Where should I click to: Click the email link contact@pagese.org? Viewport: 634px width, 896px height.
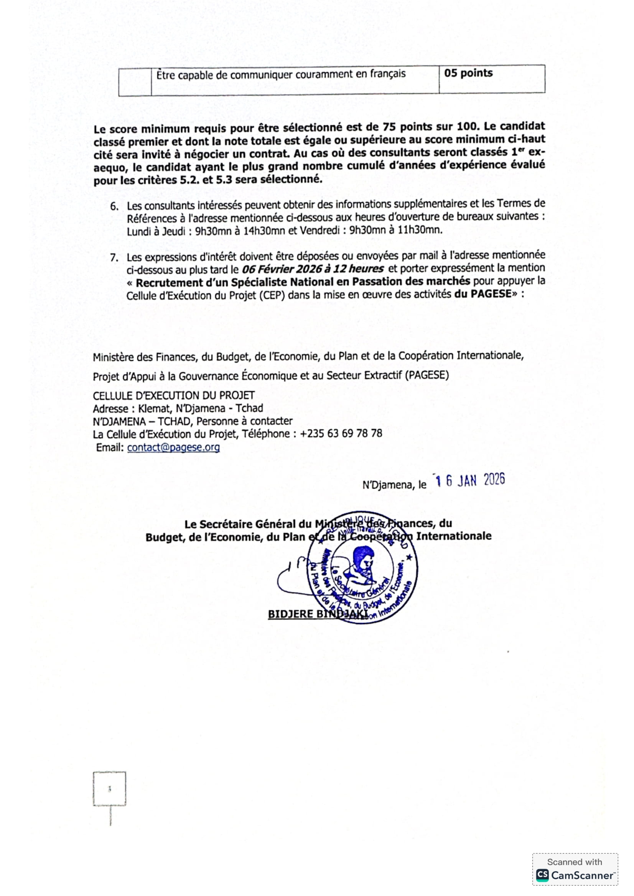tap(173, 447)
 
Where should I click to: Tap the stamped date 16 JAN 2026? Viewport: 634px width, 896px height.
tap(470, 481)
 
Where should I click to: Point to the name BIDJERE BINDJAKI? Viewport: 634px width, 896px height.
tap(318, 614)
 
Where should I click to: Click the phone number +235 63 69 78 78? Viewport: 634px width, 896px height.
tap(341, 434)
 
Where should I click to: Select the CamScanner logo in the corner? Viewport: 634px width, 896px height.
tap(575, 875)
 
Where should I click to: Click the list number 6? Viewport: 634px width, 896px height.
tap(114, 206)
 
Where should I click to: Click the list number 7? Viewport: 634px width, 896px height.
tap(114, 257)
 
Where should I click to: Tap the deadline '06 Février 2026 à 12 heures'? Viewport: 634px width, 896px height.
tap(313, 269)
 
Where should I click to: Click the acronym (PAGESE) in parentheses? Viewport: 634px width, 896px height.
tap(427, 375)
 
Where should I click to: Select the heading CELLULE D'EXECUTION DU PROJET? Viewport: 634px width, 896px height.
tap(174, 396)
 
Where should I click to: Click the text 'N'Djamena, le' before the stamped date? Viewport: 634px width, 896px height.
tap(394, 485)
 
